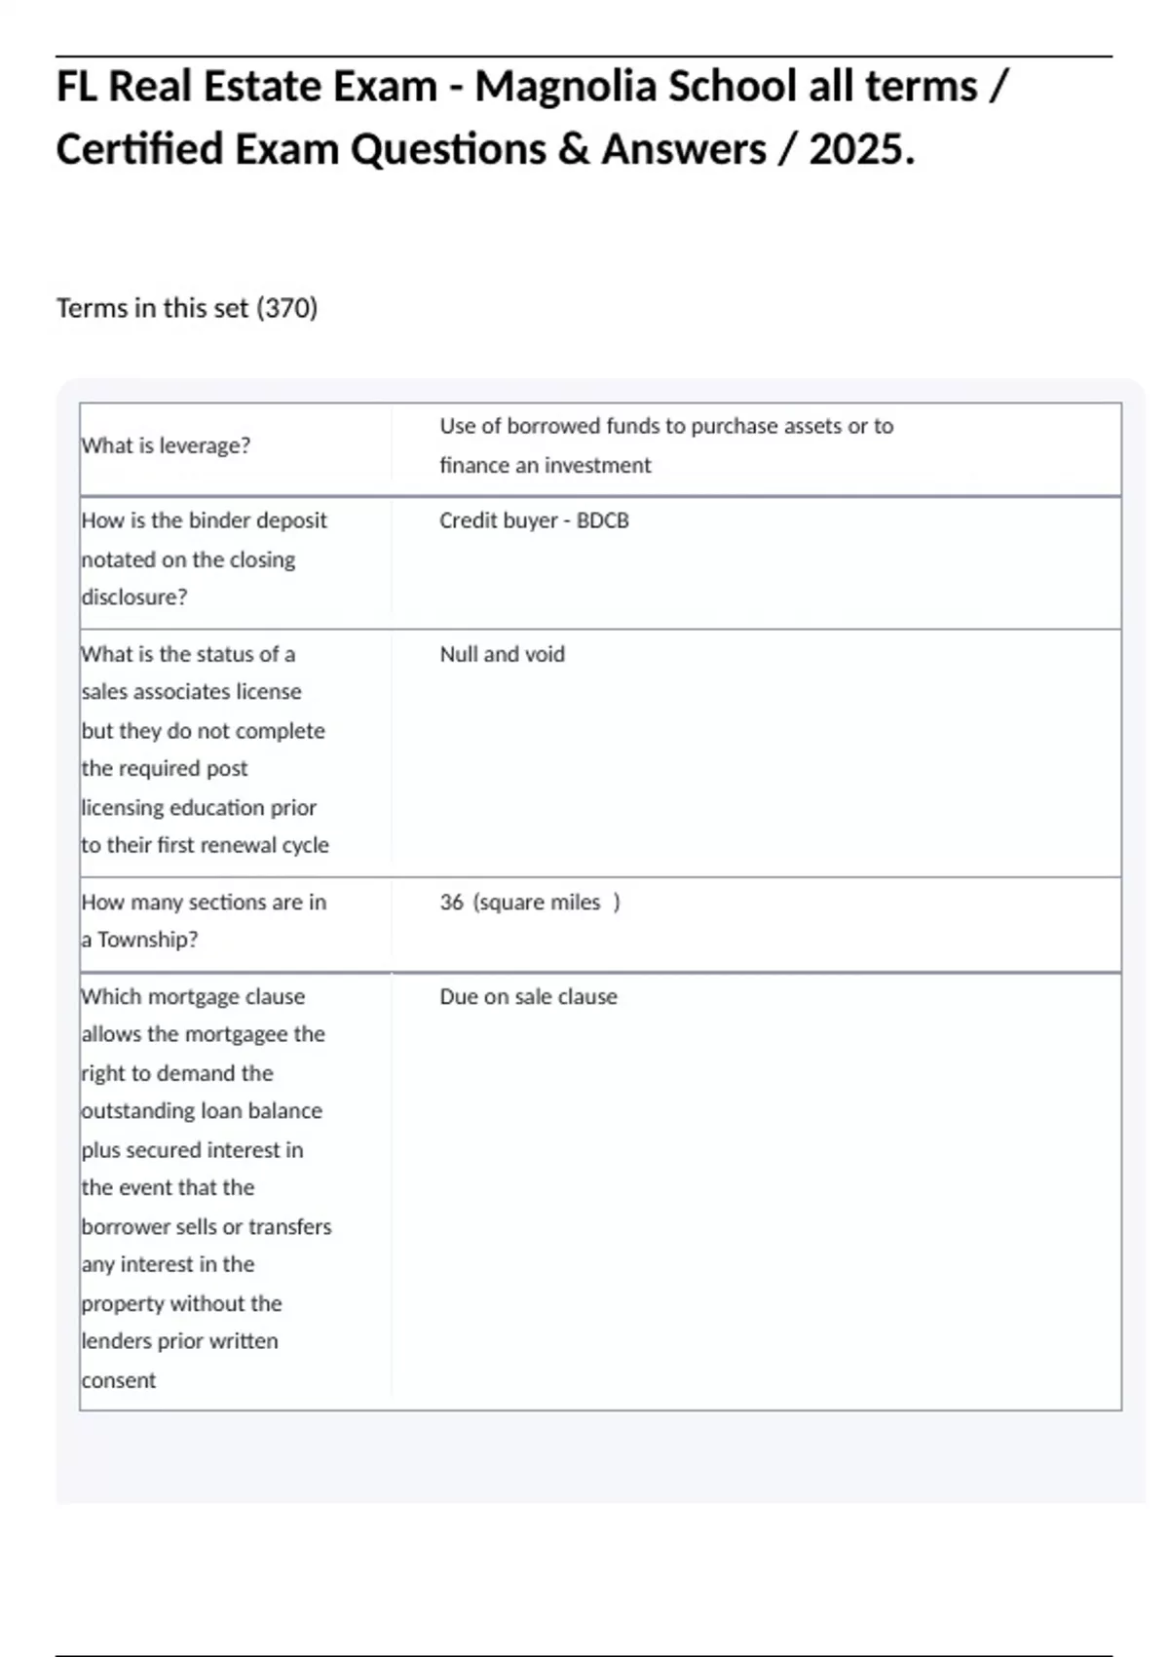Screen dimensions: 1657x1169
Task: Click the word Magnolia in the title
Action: pos(566,87)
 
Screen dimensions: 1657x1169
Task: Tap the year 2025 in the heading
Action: pos(861,150)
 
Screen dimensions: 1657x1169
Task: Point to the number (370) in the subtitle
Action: pos(286,308)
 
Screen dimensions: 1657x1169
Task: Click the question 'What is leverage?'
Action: pos(166,445)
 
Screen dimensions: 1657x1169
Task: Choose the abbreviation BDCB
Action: pos(602,520)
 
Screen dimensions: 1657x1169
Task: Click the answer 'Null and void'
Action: pos(502,654)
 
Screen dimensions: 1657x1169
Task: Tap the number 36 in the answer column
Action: pos(451,903)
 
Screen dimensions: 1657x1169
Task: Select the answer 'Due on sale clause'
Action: pos(528,997)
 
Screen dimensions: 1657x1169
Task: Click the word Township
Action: pos(147,940)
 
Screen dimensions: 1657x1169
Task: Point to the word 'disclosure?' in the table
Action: pos(134,597)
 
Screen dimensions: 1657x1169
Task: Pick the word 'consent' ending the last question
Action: pos(119,1380)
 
